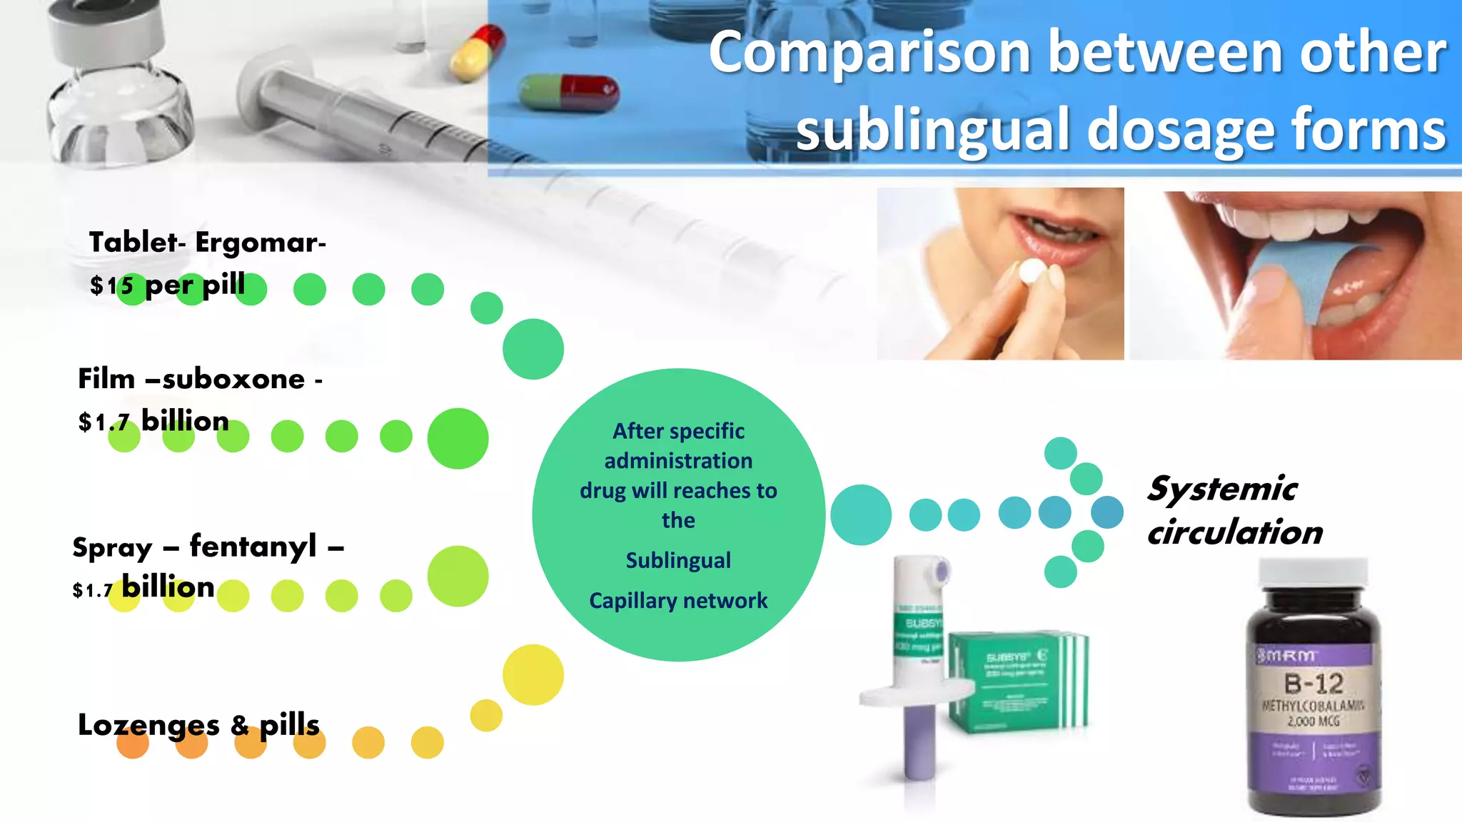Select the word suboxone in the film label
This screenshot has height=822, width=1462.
click(234, 379)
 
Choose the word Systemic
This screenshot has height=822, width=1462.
click(1222, 489)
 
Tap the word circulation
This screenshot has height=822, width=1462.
click(1235, 532)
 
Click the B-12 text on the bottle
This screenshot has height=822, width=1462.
click(1314, 684)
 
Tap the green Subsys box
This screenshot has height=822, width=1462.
click(1017, 681)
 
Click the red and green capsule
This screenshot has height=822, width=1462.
click(569, 93)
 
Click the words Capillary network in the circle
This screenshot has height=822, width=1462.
click(678, 601)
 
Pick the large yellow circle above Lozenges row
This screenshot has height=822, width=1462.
click(533, 675)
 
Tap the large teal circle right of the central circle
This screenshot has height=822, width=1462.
click(861, 514)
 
